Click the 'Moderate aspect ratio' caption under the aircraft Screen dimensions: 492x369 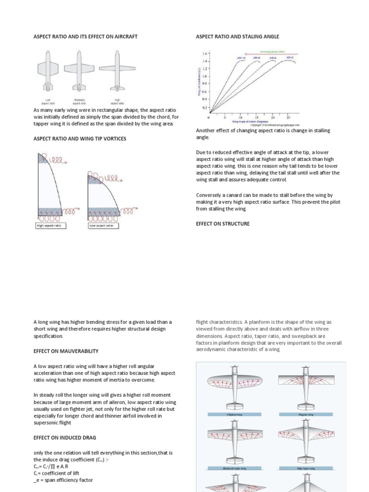click(x=80, y=101)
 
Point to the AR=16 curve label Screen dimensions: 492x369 click(x=241, y=59)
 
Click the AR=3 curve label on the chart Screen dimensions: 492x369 click(x=290, y=58)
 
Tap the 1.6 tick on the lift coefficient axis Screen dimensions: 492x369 click(x=205, y=54)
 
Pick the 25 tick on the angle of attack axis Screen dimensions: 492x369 click(x=288, y=117)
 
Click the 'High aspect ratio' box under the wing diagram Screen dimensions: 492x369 click(x=51, y=226)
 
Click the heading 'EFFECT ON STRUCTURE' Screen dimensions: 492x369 click(x=223, y=223)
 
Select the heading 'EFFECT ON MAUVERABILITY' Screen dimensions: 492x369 click(x=66, y=351)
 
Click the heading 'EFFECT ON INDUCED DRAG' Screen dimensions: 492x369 click(x=65, y=438)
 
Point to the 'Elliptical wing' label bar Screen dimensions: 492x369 click(x=234, y=414)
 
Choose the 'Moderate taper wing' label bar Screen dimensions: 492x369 click(x=234, y=467)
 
